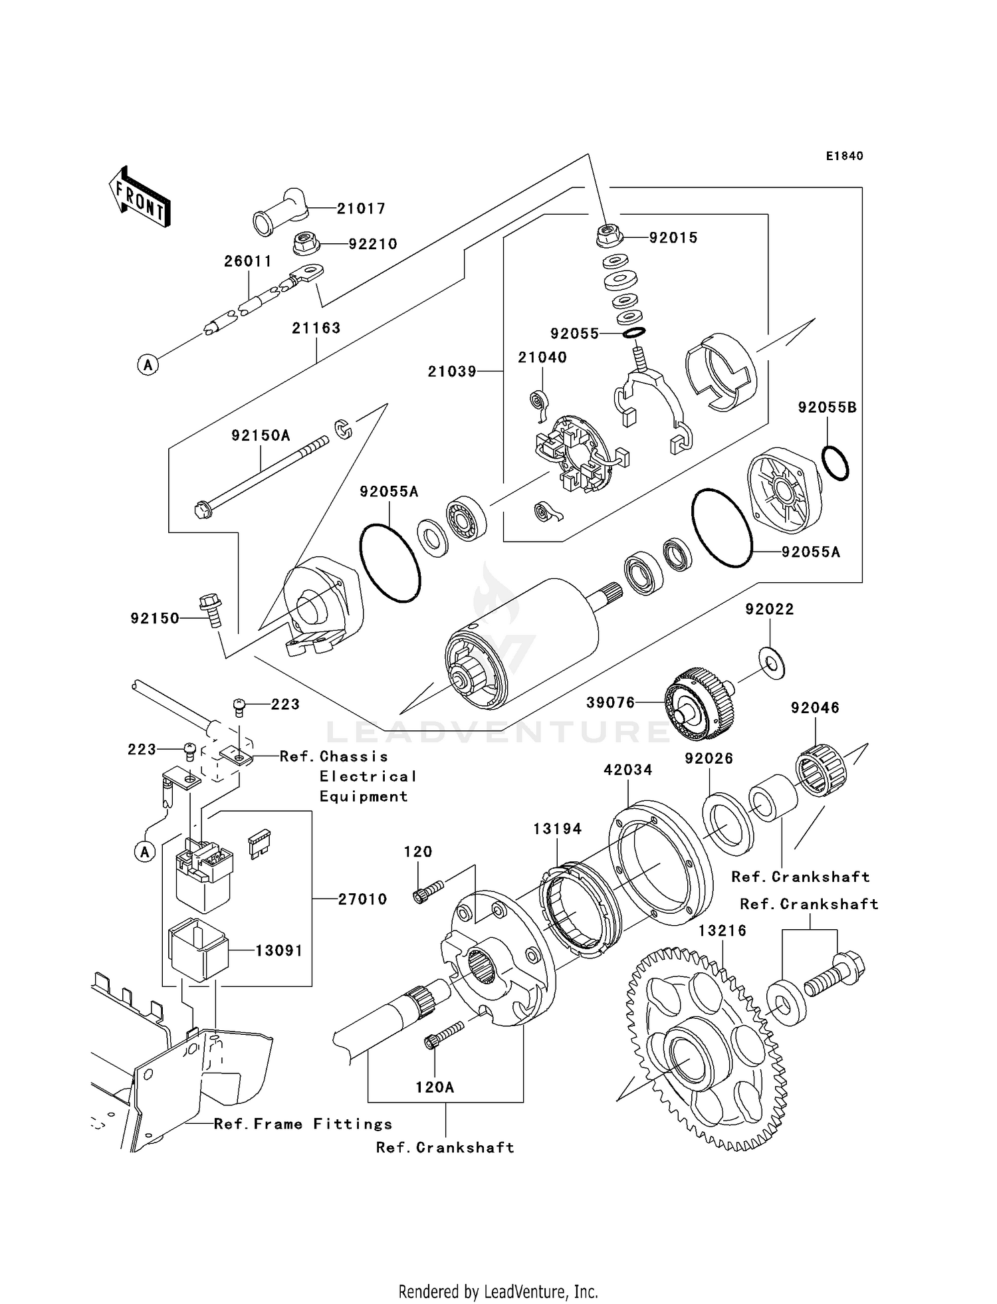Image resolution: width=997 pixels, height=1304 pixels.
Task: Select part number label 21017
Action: click(361, 209)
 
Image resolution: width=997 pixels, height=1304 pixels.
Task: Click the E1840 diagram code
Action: click(845, 156)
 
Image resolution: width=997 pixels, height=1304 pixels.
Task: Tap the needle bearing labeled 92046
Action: click(822, 770)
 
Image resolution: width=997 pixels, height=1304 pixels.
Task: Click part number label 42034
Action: click(627, 770)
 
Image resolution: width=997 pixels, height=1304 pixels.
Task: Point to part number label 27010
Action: click(362, 899)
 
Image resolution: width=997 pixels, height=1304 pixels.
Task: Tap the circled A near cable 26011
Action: click(148, 364)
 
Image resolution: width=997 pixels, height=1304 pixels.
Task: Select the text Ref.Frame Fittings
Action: click(303, 1124)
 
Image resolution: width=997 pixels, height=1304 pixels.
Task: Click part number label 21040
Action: click(542, 358)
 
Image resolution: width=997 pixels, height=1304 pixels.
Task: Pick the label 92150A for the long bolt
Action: click(261, 436)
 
